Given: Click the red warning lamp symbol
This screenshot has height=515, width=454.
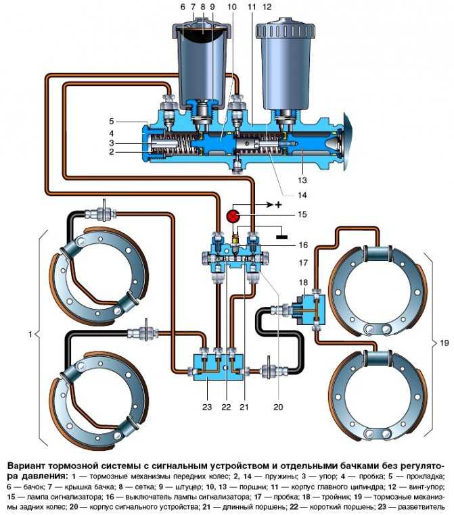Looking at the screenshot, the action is pyautogui.click(x=233, y=217).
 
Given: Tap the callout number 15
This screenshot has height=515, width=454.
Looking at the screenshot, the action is pyautogui.click(x=302, y=214).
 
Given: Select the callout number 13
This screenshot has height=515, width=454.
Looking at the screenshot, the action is pyautogui.click(x=302, y=180).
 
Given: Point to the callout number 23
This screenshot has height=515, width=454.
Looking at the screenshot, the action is pyautogui.click(x=207, y=408).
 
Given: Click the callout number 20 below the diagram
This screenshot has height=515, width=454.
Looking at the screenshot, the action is pyautogui.click(x=278, y=408).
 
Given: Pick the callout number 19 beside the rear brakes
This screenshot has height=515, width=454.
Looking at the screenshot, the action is pyautogui.click(x=444, y=343).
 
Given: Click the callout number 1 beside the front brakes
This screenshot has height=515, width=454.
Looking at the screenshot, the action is pyautogui.click(x=30, y=335).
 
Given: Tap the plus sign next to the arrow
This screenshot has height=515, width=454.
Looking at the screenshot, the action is pyautogui.click(x=279, y=205).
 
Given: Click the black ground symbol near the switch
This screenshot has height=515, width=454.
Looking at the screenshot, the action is pyautogui.click(x=281, y=237).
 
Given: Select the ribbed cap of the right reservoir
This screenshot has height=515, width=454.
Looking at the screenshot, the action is pyautogui.click(x=286, y=31).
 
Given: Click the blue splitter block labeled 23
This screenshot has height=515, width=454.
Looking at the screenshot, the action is pyautogui.click(x=219, y=367).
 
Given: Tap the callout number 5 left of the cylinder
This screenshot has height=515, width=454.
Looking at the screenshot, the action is pyautogui.click(x=112, y=121).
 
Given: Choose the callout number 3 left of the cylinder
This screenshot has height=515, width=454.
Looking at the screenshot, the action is pyautogui.click(x=112, y=143).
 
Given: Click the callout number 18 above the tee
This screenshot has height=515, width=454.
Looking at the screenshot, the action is pyautogui.click(x=303, y=283).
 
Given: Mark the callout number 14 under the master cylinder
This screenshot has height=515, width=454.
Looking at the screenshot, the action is pyautogui.click(x=302, y=195).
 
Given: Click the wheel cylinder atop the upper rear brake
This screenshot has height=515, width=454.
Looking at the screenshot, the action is pyautogui.click(x=378, y=254).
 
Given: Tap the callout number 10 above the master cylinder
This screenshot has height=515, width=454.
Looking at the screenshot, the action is pyautogui.click(x=232, y=7).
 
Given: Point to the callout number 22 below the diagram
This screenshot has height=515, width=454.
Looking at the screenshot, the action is pyautogui.click(x=226, y=408).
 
